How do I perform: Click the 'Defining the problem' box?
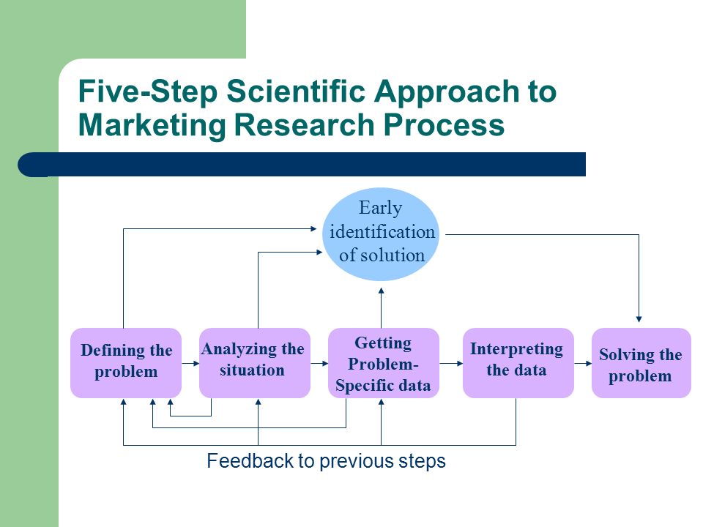[126, 363]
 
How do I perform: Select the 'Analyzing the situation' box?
[255, 363]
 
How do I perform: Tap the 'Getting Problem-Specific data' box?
[383, 363]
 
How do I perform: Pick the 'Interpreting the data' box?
[518, 363]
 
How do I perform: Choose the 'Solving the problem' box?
[641, 363]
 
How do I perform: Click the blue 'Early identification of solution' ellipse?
[381, 234]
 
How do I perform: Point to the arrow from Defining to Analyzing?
[190, 363]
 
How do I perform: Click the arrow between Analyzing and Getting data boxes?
[319, 363]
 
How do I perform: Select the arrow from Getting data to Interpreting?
[451, 363]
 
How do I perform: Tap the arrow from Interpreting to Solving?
[583, 363]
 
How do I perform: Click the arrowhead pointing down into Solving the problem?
[639, 319]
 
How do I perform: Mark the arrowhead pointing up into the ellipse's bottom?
[381, 291]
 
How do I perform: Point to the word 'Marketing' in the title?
[152, 124]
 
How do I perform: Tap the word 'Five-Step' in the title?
[148, 92]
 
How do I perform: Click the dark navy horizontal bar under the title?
[302, 165]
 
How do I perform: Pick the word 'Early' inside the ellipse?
[380, 209]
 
